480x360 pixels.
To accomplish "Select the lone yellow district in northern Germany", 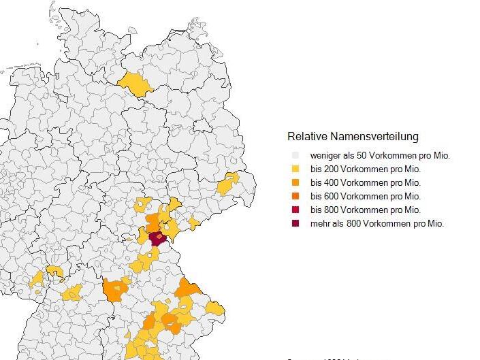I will (x=135, y=85).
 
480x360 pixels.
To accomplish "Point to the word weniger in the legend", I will (x=325, y=156).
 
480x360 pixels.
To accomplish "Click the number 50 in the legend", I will (x=360, y=156).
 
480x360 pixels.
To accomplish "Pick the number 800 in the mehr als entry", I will (x=355, y=224).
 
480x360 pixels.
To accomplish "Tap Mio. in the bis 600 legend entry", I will (x=412, y=197).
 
